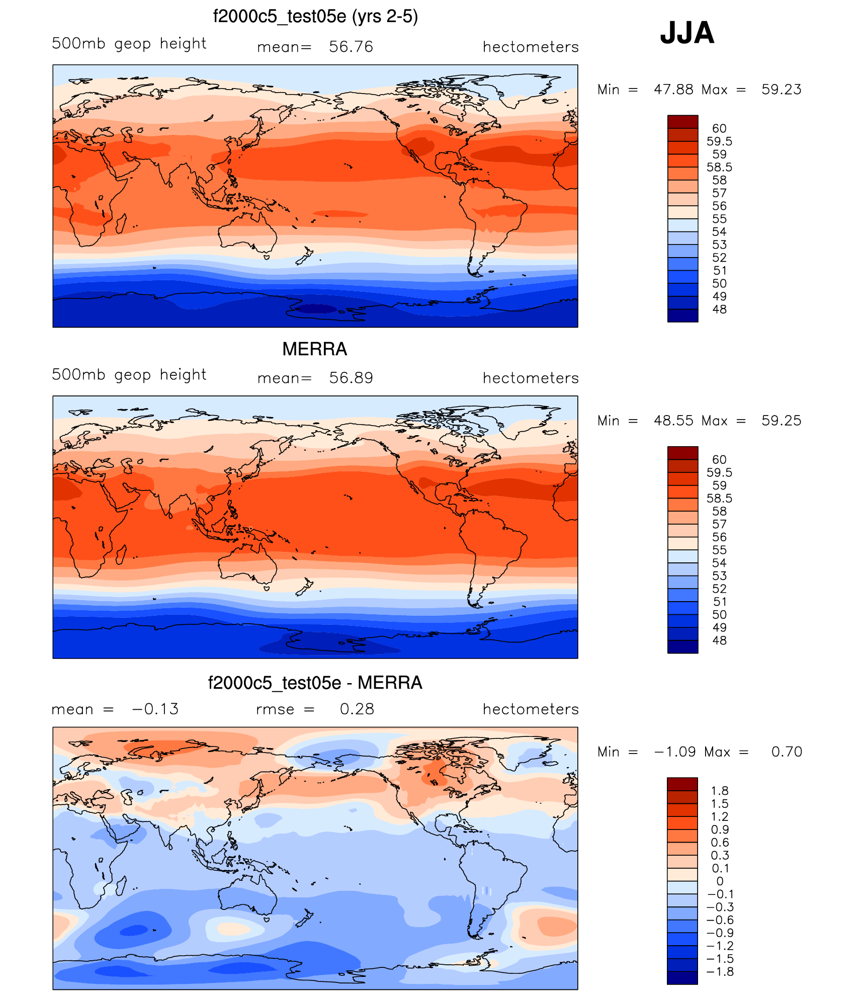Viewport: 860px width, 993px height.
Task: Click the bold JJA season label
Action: point(687,33)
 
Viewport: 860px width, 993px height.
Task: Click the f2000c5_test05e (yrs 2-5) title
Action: point(315,17)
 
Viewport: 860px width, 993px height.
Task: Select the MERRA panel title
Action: point(314,349)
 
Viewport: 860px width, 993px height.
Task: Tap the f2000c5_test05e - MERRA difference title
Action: point(315,683)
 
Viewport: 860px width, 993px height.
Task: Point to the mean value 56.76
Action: point(351,47)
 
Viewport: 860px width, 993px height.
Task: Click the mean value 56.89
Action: point(351,378)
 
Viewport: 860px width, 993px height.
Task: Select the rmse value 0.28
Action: point(357,709)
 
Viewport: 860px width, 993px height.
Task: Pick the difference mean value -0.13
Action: point(155,709)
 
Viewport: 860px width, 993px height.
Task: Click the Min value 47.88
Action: point(673,90)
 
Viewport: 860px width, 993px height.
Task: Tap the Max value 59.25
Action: point(781,421)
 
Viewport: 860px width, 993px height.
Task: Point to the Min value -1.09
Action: point(674,752)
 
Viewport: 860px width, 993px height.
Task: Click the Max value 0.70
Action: point(787,752)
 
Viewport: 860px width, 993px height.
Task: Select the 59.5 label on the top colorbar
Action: point(719,141)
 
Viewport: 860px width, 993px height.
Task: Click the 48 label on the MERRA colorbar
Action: point(719,640)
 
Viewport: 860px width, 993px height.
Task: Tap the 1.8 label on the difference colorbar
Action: point(720,791)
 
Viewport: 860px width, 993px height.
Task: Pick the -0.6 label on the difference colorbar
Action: point(720,920)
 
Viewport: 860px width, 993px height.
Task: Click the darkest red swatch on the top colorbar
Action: point(682,122)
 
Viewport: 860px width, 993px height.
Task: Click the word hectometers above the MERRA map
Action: point(531,378)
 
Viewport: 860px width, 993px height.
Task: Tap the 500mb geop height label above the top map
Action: point(129,44)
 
